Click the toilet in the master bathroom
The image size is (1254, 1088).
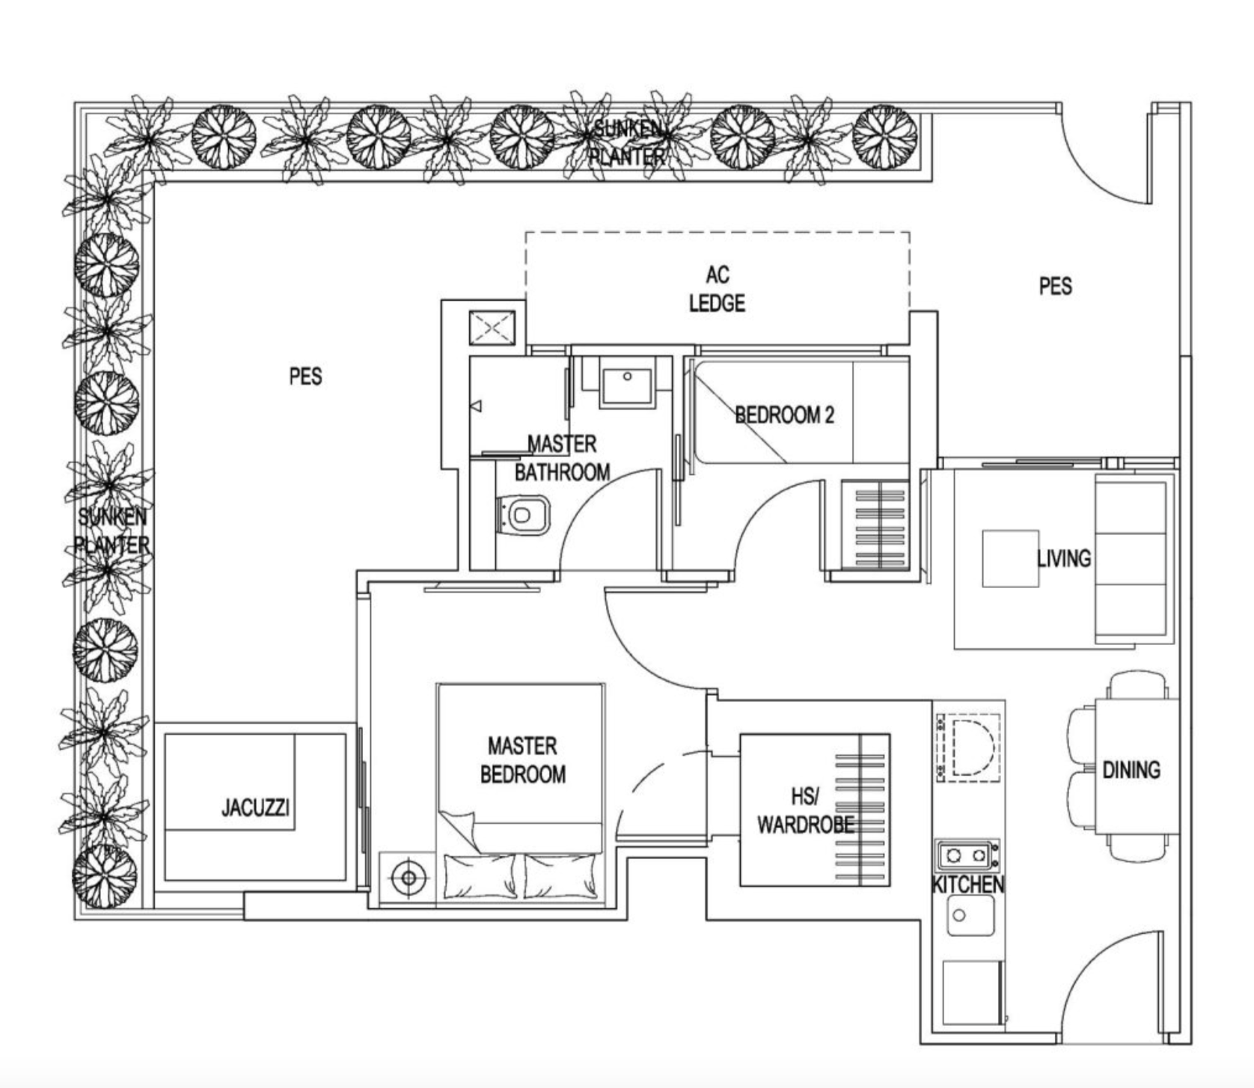[x=524, y=516]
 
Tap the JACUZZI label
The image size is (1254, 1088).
[x=255, y=808]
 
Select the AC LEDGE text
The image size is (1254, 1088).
[x=717, y=289]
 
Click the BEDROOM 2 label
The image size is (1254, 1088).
[x=784, y=415]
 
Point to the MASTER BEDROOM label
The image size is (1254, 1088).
[x=522, y=760]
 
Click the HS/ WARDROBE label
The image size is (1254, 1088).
[x=805, y=810]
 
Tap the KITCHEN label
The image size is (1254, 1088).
[x=967, y=885]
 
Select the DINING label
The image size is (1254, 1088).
[x=1131, y=770]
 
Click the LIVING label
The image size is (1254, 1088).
[x=1064, y=558]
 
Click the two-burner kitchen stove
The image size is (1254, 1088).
[x=967, y=855]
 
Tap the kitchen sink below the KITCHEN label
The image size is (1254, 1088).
[x=970, y=915]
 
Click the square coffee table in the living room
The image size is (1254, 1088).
[x=1010, y=558]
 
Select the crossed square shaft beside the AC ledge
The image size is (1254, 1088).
[x=492, y=328]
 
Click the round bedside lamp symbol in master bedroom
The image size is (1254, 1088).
[x=408, y=877]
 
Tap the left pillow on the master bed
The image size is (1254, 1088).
[x=480, y=876]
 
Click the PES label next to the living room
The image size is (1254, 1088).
[x=1055, y=286]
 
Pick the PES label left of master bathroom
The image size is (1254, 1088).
[x=305, y=376]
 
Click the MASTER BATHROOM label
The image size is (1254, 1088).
[x=562, y=458]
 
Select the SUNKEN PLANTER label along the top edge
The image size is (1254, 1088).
[x=628, y=142]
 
